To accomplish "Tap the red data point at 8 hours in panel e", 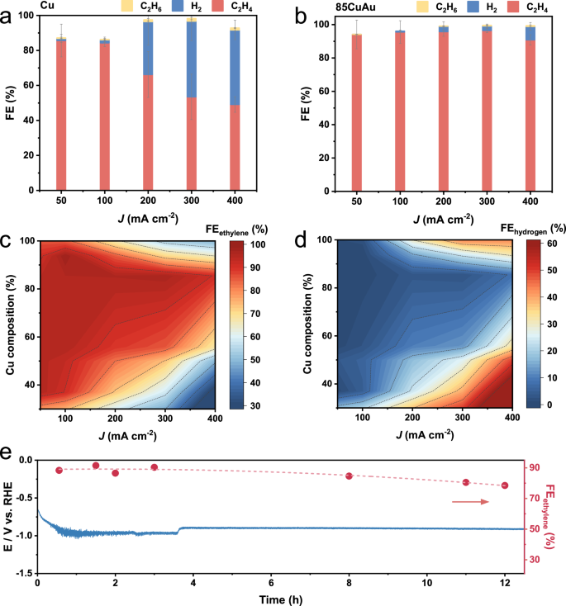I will (x=350, y=476).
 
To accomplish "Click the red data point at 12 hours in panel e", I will (x=505, y=485).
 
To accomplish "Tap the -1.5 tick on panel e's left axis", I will (x=24, y=573).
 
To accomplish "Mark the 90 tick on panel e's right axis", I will (x=536, y=467).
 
